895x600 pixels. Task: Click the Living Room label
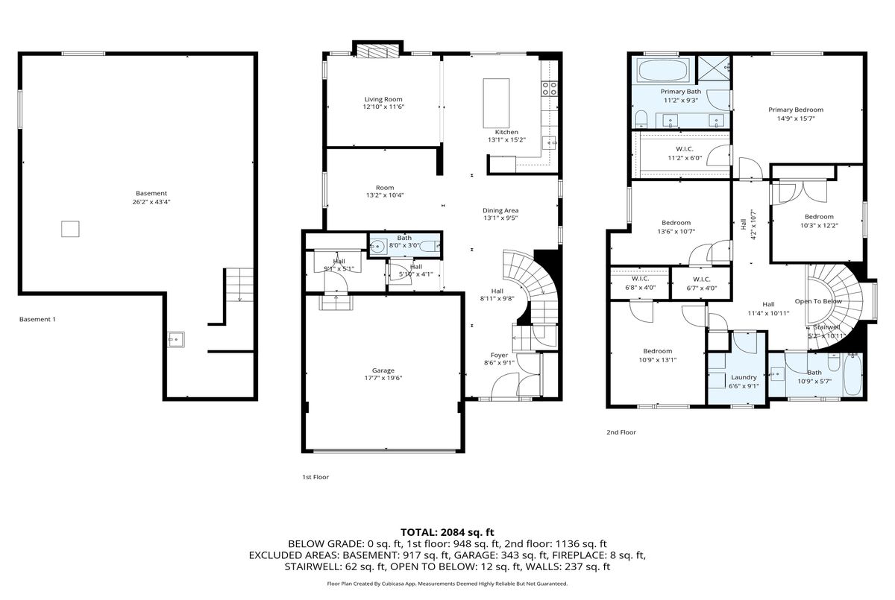(x=383, y=99)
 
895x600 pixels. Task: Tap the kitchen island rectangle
(x=496, y=103)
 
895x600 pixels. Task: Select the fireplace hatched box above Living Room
(x=377, y=51)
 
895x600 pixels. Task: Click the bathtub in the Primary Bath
(x=663, y=70)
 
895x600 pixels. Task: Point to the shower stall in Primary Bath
(x=714, y=69)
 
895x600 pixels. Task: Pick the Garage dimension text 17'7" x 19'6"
(x=383, y=378)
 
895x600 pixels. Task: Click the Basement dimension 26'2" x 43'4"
(x=151, y=201)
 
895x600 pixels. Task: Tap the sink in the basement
(x=176, y=339)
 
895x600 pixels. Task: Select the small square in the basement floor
(x=70, y=229)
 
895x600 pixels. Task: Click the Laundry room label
(x=744, y=377)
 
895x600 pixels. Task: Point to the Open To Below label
(x=818, y=301)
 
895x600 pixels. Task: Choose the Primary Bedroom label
(x=796, y=110)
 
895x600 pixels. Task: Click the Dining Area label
(x=500, y=210)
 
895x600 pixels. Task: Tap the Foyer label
(x=499, y=355)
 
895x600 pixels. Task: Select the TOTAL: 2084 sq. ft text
(x=447, y=532)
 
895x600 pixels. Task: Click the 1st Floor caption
(x=315, y=477)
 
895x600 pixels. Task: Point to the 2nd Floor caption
(x=621, y=432)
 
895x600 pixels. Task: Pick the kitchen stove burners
(x=550, y=88)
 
